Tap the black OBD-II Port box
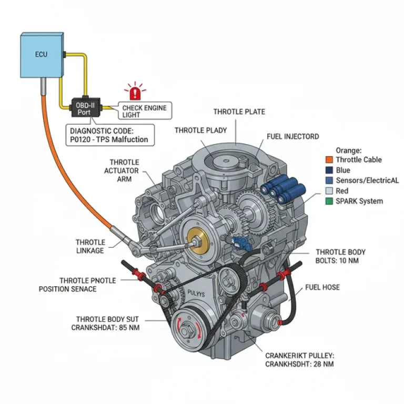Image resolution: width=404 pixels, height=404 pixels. pyautogui.click(x=84, y=108)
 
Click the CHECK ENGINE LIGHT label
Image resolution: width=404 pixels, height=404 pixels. pyautogui.click(x=144, y=111)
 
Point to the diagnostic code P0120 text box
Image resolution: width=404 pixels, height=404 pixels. pyautogui.click(x=109, y=135)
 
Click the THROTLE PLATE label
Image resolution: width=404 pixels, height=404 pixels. pyautogui.click(x=239, y=112)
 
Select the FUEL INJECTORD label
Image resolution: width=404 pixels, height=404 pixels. pyautogui.click(x=292, y=136)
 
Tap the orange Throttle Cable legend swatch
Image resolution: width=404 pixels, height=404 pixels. pyautogui.click(x=329, y=160)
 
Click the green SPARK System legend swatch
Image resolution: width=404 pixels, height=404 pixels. pyautogui.click(x=329, y=201)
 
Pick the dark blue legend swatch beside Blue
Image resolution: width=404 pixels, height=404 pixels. pyautogui.click(x=329, y=170)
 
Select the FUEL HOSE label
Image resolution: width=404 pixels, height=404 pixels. pyautogui.click(x=322, y=287)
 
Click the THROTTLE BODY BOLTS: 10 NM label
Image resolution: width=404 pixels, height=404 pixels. pyautogui.click(x=340, y=257)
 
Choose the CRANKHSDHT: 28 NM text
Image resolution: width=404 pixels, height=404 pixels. pyautogui.click(x=299, y=363)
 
